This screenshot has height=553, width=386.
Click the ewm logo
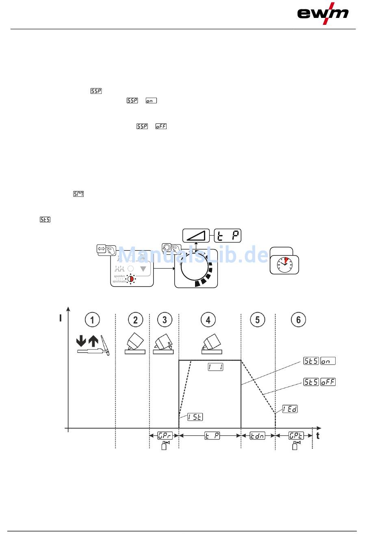[x=323, y=14]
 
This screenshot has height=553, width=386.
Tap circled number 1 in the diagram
[x=92, y=320]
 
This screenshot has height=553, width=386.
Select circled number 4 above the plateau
[x=208, y=320]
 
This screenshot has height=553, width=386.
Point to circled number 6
[x=298, y=320]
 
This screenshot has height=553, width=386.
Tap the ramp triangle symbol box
[x=196, y=236]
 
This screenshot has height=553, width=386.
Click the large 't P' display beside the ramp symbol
[x=228, y=236]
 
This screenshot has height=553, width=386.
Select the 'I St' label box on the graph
[x=195, y=417]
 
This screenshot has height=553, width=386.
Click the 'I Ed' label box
[x=290, y=409]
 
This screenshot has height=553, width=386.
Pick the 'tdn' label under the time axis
[x=257, y=436]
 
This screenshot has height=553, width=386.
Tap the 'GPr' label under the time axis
[x=165, y=436]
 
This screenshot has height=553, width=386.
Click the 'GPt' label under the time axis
[x=296, y=436]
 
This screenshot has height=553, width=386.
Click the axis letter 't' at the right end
[x=318, y=436]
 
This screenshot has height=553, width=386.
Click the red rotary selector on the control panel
[x=130, y=279]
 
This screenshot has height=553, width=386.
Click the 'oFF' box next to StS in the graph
[x=328, y=382]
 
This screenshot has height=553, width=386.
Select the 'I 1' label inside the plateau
[x=215, y=367]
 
